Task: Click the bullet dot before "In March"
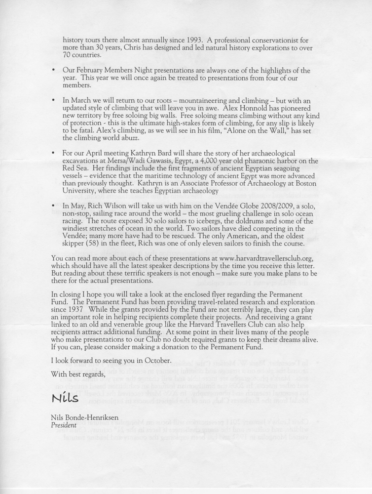pyautogui.click(x=53, y=100)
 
